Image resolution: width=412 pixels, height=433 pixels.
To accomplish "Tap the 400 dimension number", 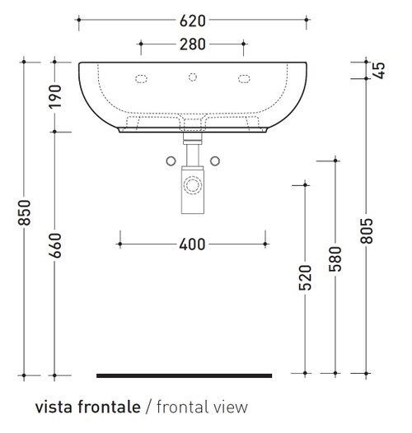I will tap(193, 244).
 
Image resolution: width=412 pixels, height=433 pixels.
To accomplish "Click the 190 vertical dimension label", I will tap(54, 96).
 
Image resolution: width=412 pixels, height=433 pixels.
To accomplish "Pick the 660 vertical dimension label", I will tap(54, 244).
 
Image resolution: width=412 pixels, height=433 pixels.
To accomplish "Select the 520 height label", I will tap(306, 277).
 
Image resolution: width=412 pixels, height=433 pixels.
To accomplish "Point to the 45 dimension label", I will tap(380, 69).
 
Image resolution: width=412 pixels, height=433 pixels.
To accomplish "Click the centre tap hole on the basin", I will tap(193, 78).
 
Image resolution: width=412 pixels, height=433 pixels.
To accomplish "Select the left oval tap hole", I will tap(142, 79).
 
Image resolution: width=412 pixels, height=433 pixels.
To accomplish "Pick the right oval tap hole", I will tap(244, 79).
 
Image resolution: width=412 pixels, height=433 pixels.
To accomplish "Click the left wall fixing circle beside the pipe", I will tap(171, 160).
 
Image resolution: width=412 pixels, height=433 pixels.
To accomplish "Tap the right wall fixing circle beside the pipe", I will tap(214, 160).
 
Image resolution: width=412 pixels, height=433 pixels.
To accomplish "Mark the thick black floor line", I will tap(184, 375).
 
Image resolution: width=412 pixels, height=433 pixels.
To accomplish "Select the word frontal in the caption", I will tap(180, 407).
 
